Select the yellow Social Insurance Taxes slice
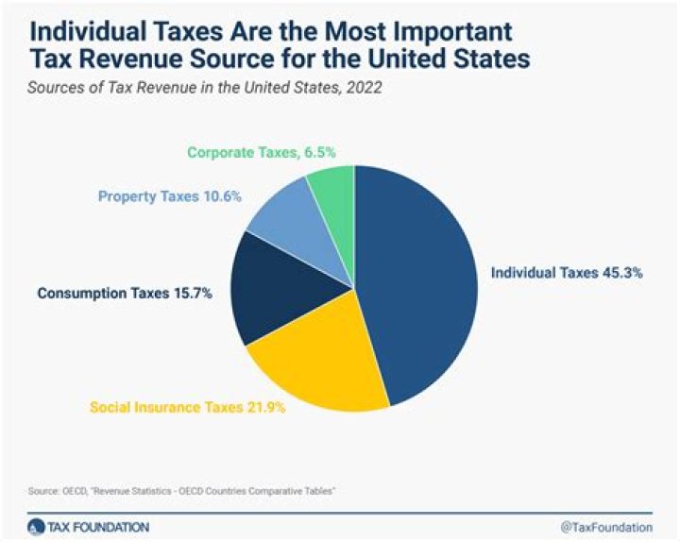[316, 364]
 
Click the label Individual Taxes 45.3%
[567, 273]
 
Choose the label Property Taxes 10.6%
[170, 196]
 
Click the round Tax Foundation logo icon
[35, 525]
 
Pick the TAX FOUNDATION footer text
[97, 525]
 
